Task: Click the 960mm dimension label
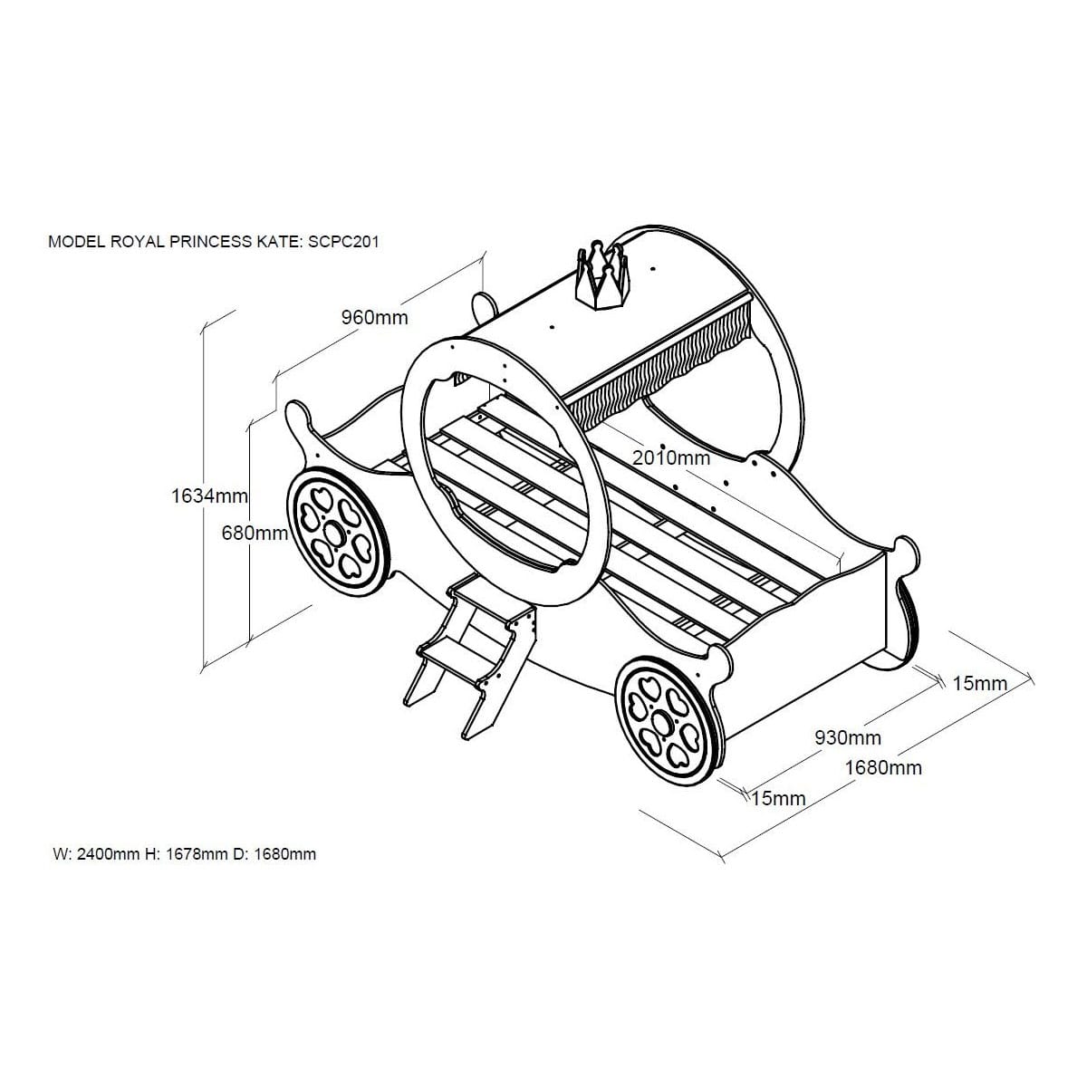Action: pyautogui.click(x=374, y=317)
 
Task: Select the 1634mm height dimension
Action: pyautogui.click(x=209, y=495)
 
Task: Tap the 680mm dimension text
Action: pyautogui.click(x=255, y=534)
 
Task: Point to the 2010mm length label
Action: pyautogui.click(x=671, y=457)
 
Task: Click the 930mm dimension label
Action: pyautogui.click(x=848, y=738)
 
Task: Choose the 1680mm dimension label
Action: pyautogui.click(x=883, y=767)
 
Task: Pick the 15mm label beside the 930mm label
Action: pyautogui.click(x=778, y=798)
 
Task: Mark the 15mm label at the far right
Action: pyautogui.click(x=979, y=683)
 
